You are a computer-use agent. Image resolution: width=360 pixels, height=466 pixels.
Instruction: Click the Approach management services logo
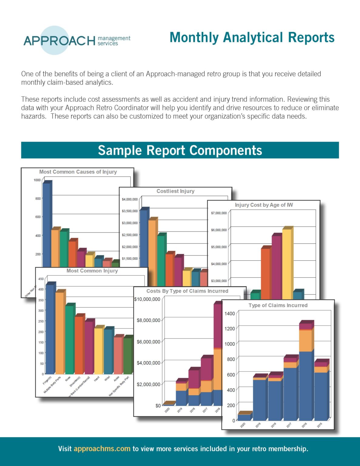77,40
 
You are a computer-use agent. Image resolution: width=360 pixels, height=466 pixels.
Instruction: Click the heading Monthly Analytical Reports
252,38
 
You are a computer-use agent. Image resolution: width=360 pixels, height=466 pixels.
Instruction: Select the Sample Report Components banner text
180,150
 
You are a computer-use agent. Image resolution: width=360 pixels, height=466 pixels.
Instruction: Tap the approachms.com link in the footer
102,449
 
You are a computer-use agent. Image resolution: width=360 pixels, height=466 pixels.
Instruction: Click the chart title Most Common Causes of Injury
78,172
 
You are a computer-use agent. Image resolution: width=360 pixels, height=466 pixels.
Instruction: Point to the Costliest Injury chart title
175,191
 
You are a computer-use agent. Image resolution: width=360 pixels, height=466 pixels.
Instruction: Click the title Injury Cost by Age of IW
264,205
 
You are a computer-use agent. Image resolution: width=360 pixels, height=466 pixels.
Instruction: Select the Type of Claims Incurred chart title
278,306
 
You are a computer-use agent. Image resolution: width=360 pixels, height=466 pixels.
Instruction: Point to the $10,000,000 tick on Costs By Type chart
147,299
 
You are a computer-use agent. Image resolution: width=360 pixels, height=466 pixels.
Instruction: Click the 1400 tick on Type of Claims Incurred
230,314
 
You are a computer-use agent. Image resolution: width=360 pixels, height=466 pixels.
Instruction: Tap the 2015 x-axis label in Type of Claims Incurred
320,425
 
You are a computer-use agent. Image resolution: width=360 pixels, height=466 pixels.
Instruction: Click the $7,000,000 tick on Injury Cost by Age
219,213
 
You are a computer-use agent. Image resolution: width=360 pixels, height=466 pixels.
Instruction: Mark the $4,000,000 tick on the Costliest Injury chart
130,199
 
